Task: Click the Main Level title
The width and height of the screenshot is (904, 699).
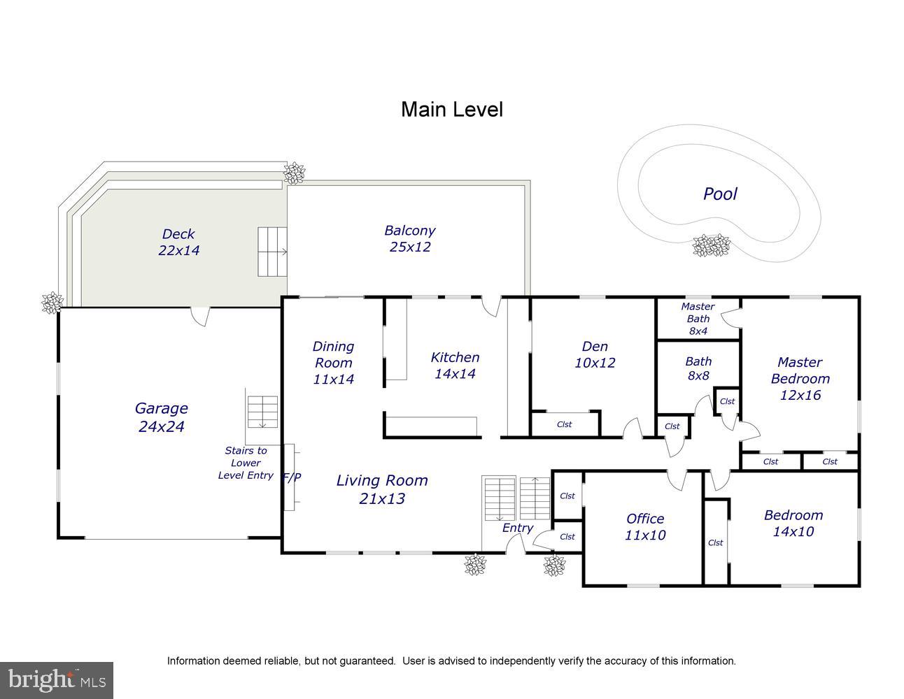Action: (x=452, y=110)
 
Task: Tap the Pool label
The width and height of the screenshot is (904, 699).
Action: (x=720, y=194)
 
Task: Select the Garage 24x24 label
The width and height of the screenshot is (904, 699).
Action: (x=162, y=417)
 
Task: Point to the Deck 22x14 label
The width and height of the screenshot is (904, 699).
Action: (x=179, y=242)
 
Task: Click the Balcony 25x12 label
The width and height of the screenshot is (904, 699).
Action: (x=410, y=238)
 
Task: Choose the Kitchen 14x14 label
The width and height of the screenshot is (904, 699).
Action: (x=455, y=366)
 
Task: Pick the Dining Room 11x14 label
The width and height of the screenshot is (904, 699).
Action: (x=333, y=362)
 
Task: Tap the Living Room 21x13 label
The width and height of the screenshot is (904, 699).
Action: (x=382, y=489)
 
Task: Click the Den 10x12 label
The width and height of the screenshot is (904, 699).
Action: (x=595, y=354)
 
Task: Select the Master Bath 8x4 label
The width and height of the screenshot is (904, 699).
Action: (x=698, y=319)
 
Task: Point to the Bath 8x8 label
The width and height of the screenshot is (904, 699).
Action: (x=699, y=368)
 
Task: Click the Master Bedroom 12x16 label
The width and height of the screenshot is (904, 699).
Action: (x=800, y=379)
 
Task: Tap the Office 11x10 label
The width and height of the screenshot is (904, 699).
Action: (x=645, y=526)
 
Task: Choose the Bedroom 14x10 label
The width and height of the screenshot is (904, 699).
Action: (x=793, y=524)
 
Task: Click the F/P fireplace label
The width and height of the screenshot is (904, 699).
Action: (x=292, y=477)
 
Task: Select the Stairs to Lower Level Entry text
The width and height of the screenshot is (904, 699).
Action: (x=246, y=463)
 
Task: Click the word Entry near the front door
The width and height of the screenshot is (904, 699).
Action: (x=518, y=528)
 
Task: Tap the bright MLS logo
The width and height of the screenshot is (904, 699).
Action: (x=57, y=680)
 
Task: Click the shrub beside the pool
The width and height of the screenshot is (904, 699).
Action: (x=711, y=245)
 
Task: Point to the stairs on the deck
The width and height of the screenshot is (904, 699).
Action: (x=272, y=252)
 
